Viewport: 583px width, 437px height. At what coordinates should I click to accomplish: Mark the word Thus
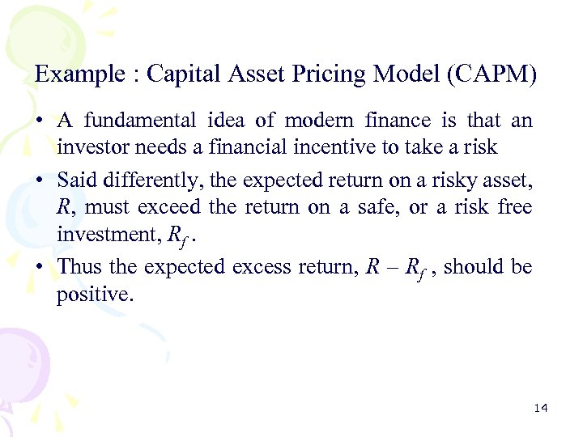click(79, 266)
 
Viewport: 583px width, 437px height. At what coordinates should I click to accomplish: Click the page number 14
click(541, 408)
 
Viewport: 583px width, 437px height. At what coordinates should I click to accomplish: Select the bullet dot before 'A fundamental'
click(40, 121)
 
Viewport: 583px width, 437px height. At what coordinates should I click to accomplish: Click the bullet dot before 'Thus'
click(40, 267)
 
